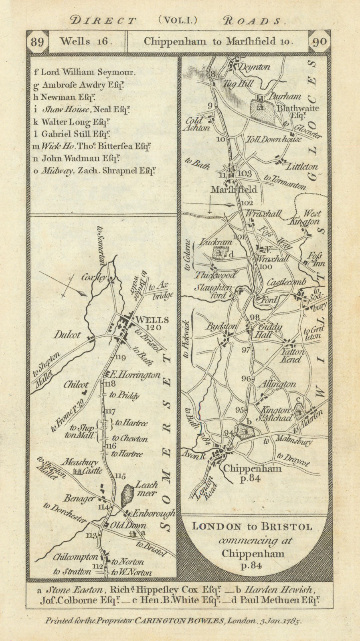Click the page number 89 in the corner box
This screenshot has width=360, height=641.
click(37, 42)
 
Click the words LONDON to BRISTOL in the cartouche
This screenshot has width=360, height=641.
click(252, 527)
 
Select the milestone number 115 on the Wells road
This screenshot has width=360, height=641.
click(120, 476)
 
